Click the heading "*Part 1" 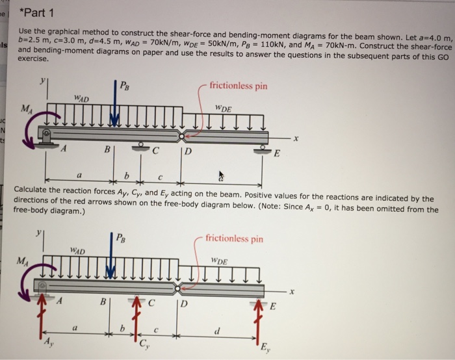(x=38, y=14)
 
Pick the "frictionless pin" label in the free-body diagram (x=234, y=238)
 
